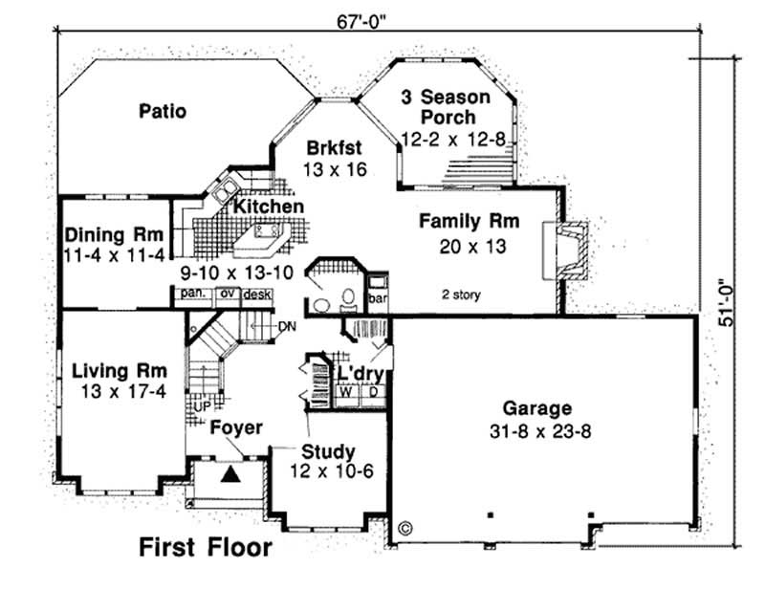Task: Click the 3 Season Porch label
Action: pos(448,107)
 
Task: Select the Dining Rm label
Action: pos(114,235)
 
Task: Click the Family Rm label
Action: pos(469,222)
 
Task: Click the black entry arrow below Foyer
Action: pos(230,472)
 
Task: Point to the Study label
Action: pos(328,451)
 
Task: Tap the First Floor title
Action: pos(205,548)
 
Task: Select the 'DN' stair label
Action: pos(287,327)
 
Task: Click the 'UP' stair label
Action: pos(201,406)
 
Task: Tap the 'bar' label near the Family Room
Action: pos(377,297)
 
